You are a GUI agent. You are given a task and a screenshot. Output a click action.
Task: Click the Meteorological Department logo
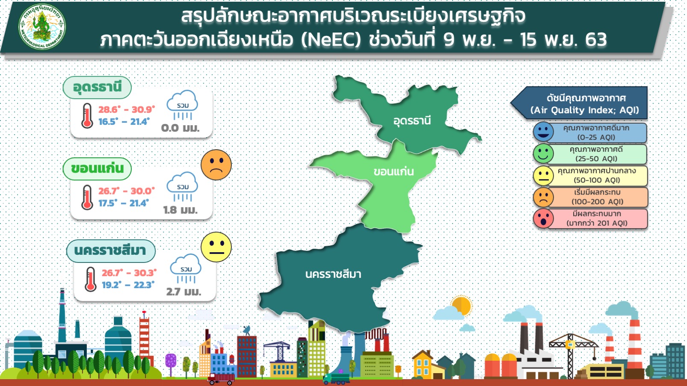(x=42, y=27)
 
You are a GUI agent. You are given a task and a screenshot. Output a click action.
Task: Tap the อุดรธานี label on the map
(x=412, y=121)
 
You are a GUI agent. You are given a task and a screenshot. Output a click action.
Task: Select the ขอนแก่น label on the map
(x=394, y=171)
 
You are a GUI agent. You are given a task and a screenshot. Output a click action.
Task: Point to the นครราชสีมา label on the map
(x=333, y=274)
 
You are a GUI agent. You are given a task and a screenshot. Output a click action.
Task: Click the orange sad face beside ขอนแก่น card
(x=216, y=165)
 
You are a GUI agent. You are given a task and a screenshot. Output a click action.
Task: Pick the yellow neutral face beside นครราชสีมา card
(x=216, y=247)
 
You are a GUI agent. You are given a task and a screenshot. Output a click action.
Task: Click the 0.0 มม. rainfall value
(x=181, y=128)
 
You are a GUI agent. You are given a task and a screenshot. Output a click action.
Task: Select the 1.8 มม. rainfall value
(x=181, y=210)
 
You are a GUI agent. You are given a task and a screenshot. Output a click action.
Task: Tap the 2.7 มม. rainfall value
(x=184, y=292)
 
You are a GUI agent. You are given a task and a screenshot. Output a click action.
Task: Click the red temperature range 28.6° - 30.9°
(x=127, y=109)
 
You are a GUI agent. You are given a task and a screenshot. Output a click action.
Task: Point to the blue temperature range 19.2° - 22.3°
(x=128, y=285)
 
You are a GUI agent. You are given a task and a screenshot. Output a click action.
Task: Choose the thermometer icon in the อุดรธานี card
(x=87, y=115)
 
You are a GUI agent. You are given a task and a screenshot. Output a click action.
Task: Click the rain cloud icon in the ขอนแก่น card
(x=183, y=186)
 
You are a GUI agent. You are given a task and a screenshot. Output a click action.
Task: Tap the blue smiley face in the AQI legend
(x=543, y=132)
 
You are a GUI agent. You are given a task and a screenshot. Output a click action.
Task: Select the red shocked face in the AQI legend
(x=543, y=218)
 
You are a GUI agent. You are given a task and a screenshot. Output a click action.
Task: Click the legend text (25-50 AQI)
(x=596, y=159)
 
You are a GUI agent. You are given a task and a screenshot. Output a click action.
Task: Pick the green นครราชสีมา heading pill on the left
(x=111, y=251)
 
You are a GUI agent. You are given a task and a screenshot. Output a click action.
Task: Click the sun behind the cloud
(x=462, y=305)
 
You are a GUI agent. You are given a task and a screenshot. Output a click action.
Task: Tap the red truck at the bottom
(x=221, y=379)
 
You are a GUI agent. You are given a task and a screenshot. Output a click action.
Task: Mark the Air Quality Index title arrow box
(x=579, y=103)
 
